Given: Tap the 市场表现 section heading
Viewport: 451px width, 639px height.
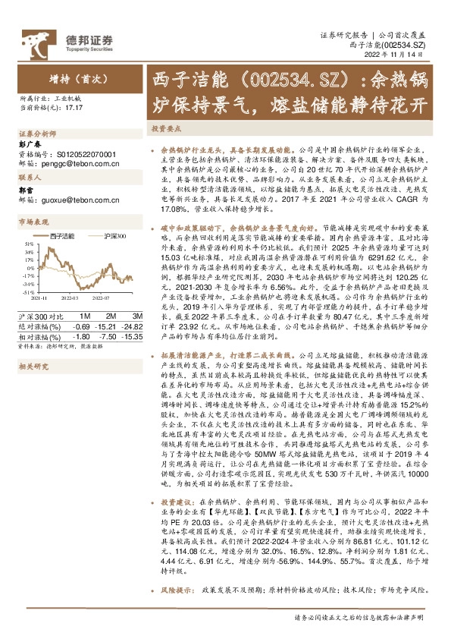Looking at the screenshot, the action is [x=33, y=222].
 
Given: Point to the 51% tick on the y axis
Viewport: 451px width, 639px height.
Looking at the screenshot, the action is [x=27, y=244].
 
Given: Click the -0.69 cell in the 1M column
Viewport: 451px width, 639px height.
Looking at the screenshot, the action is [x=81, y=325].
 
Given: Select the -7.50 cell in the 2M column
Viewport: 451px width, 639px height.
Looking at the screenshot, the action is [x=106, y=334].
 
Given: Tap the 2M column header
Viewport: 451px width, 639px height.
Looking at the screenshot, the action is [x=111, y=315].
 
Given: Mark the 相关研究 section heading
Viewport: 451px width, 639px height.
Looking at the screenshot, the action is [x=33, y=367].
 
